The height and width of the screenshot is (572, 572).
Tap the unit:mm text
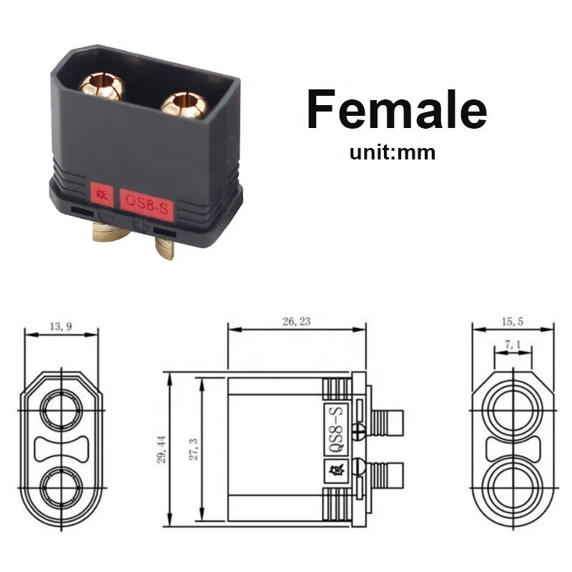point(392,152)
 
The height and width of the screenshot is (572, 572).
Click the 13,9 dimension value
point(61,326)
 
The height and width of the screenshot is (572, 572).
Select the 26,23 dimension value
point(296,322)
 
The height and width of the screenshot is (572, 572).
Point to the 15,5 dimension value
point(513,322)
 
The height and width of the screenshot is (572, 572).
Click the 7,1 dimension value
point(513,345)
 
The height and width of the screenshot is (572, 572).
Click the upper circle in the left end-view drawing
point(61,411)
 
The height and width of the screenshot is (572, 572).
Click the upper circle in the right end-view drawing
point(513,410)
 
